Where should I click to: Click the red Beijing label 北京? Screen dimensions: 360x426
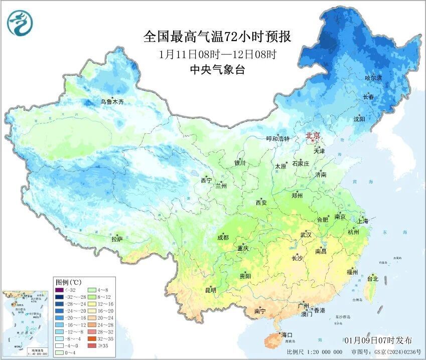(x=313, y=135)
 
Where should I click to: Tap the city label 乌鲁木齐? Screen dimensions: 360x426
(x=111, y=102)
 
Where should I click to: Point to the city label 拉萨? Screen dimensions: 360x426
(x=117, y=239)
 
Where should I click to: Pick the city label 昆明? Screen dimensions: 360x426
(x=210, y=290)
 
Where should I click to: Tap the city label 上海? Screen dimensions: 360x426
(x=362, y=221)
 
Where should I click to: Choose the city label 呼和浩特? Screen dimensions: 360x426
(x=278, y=138)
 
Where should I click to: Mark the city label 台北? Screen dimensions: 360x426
(x=373, y=278)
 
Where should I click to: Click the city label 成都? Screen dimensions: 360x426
(x=223, y=238)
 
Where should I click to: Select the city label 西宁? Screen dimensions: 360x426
(x=206, y=180)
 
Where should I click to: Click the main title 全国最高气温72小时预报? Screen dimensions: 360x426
(x=217, y=37)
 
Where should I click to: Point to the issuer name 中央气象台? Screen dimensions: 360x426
(x=217, y=70)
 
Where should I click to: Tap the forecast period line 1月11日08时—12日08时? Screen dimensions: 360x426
(x=217, y=54)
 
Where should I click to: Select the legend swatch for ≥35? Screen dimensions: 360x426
(x=91, y=345)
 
